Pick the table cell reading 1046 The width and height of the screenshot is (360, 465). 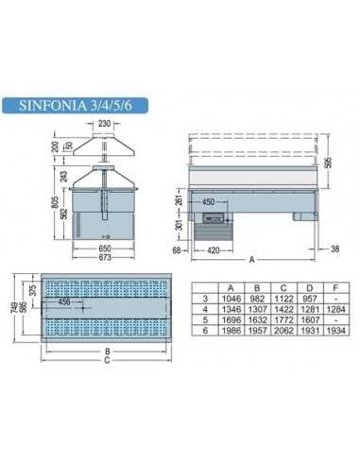pyautogui.click(x=226, y=296)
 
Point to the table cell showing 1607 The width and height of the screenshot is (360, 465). pyautogui.click(x=308, y=318)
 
